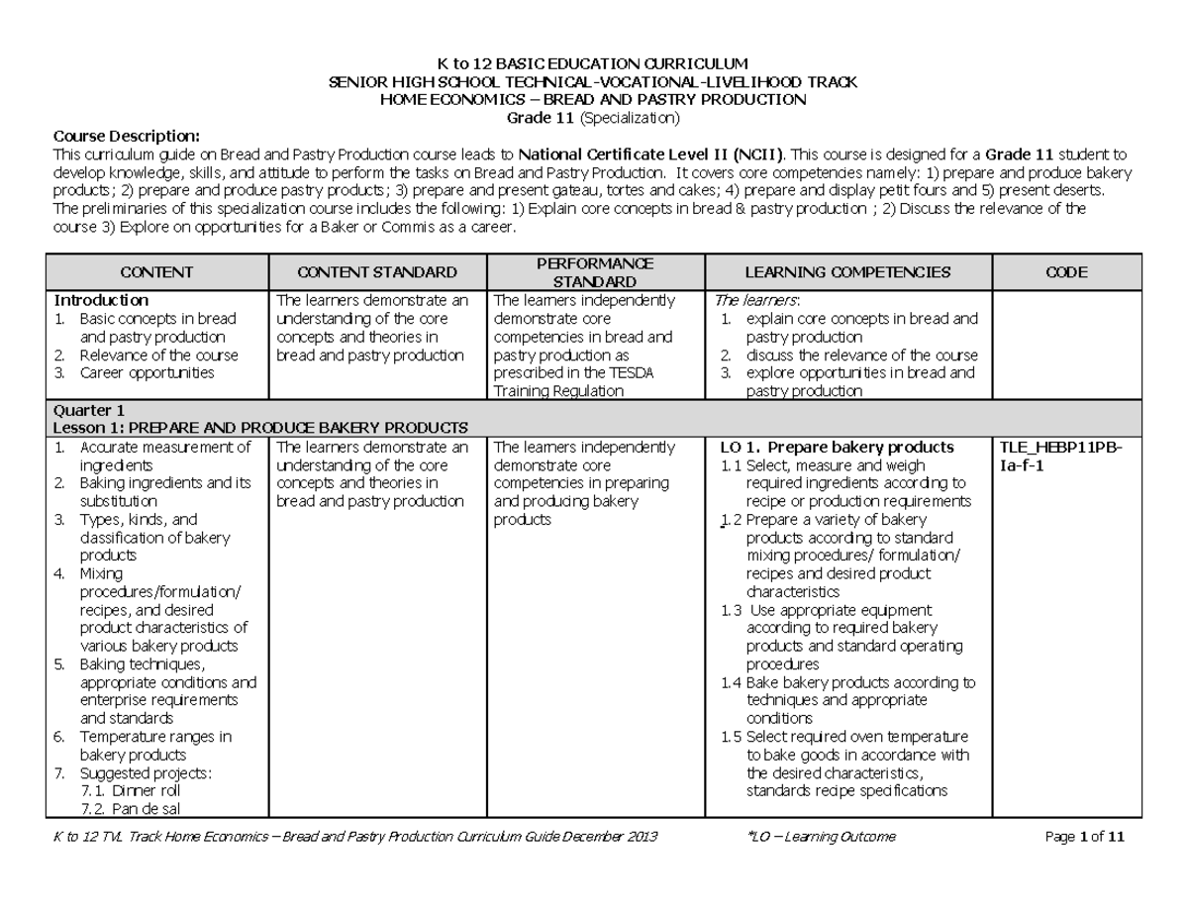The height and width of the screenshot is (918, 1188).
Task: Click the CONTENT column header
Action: [155, 272]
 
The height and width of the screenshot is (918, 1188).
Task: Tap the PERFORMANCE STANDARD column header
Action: [594, 272]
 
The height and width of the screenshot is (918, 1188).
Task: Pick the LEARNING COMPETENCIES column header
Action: [847, 272]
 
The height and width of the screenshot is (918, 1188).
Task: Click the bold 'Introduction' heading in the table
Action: [101, 300]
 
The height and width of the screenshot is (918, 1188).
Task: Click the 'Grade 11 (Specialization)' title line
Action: [593, 118]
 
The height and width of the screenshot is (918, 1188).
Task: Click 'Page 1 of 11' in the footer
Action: [1085, 837]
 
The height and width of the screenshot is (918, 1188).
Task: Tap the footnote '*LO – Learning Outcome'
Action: [824, 837]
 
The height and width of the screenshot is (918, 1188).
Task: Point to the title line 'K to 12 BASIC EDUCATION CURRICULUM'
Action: [593, 64]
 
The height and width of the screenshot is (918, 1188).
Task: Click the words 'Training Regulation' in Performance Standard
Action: [558, 391]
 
